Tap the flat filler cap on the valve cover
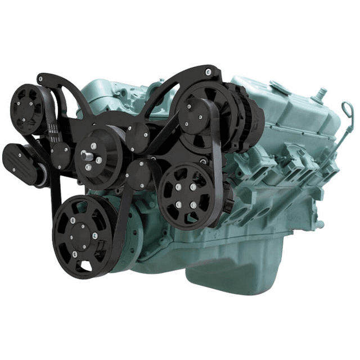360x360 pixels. [281, 87]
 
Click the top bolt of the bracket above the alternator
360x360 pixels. [209, 71]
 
